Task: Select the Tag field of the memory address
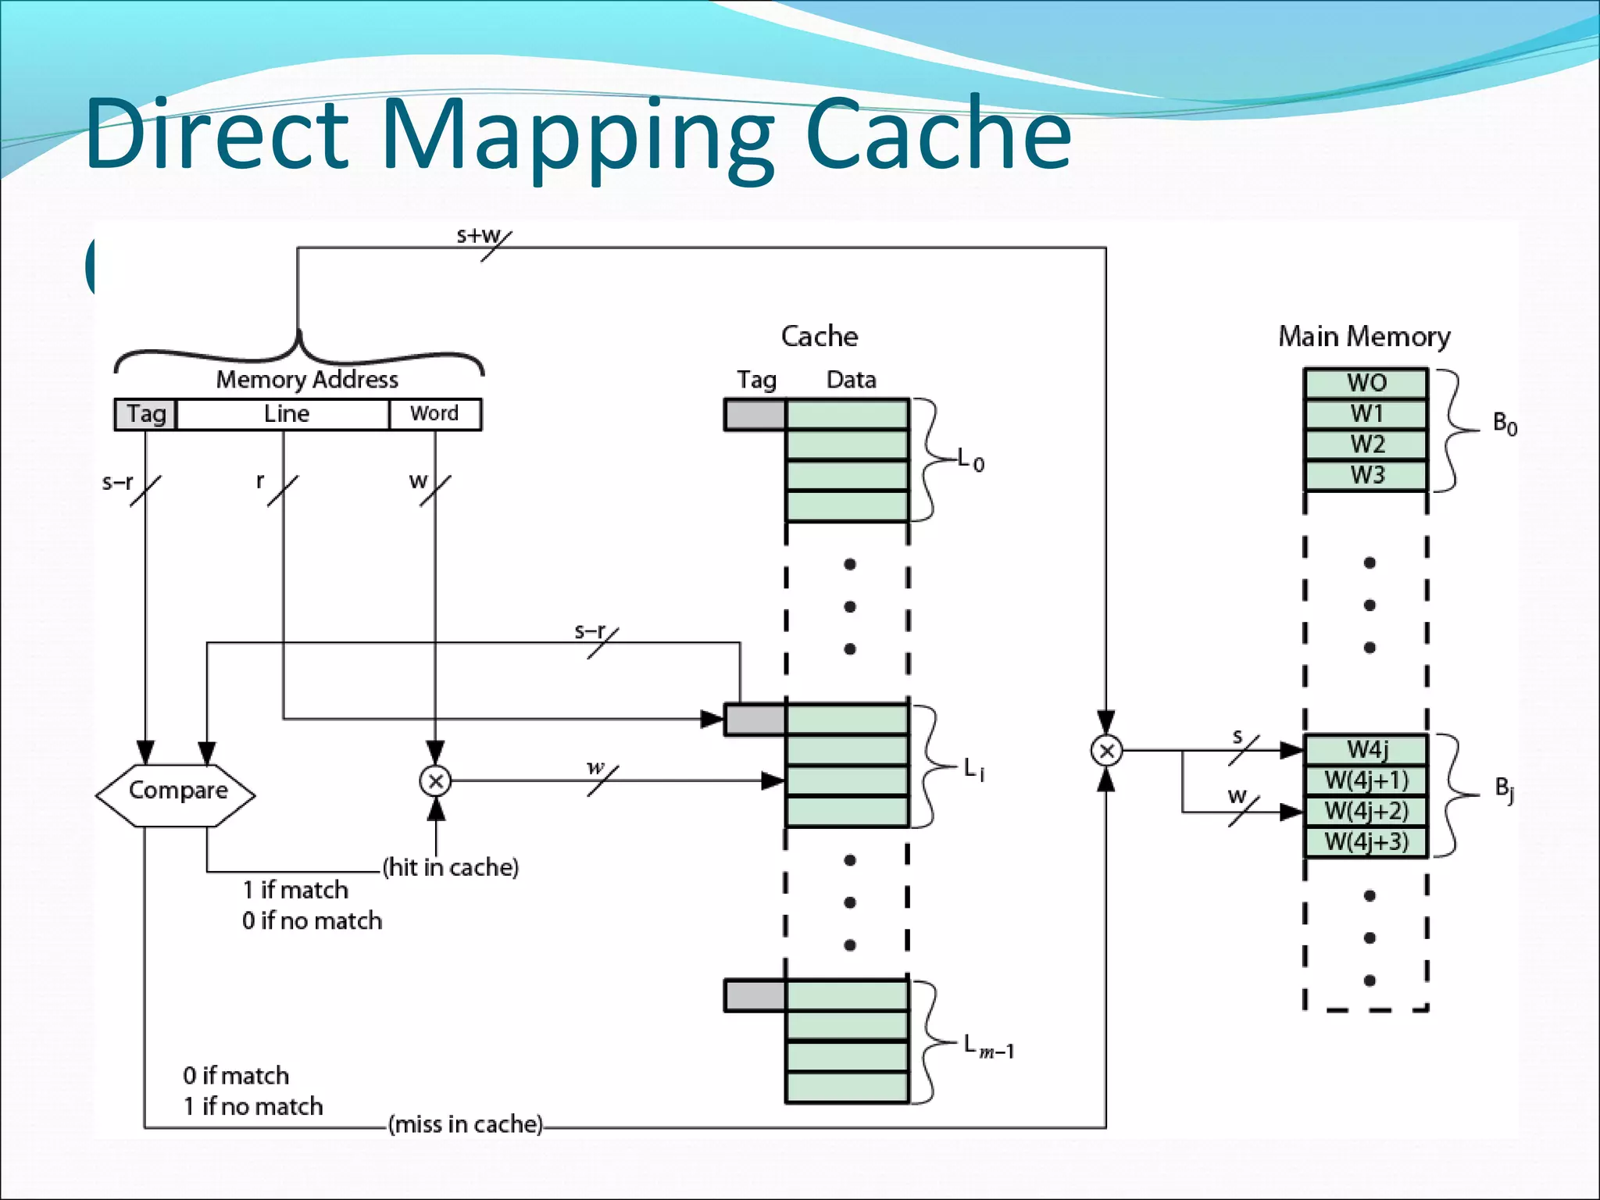point(145,414)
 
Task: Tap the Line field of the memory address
point(284,414)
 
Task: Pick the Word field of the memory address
point(434,414)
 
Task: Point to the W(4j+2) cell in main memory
point(1366,811)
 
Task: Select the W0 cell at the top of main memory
point(1366,383)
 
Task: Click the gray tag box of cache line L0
point(755,415)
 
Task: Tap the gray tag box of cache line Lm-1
point(755,995)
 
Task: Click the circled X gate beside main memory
point(1106,751)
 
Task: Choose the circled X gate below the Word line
point(435,780)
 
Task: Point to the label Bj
point(1504,789)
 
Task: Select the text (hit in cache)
point(451,867)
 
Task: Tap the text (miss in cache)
point(466,1124)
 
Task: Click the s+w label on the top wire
point(478,235)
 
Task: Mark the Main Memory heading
point(1364,337)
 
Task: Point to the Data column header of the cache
point(851,380)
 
